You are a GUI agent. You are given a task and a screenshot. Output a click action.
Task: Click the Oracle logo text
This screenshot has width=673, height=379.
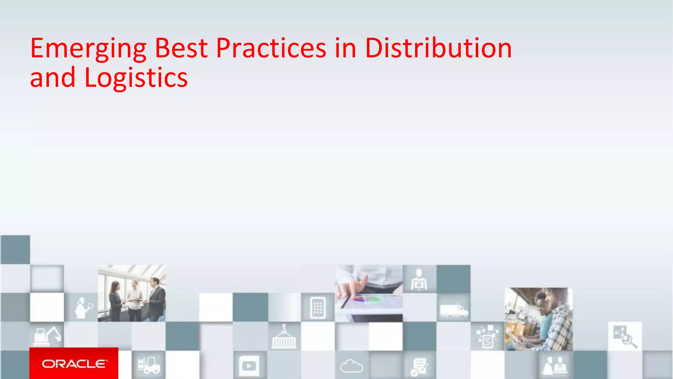tap(74, 364)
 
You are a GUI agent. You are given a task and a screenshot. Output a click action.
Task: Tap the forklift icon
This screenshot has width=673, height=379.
tap(148, 365)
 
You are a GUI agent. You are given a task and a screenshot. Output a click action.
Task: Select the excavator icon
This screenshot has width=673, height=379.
tap(47, 336)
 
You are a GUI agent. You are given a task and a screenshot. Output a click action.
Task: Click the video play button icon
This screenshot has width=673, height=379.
tap(249, 366)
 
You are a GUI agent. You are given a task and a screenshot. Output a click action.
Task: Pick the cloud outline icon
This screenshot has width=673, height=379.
tap(352, 366)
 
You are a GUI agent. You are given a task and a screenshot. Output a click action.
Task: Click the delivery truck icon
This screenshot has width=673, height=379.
tap(454, 310)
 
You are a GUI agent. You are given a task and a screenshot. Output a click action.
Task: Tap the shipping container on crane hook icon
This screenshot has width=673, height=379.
tap(284, 337)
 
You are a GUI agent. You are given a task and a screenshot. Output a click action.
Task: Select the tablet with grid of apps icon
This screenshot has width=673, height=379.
tap(318, 308)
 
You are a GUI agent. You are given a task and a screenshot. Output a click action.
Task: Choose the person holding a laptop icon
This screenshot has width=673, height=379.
tap(419, 280)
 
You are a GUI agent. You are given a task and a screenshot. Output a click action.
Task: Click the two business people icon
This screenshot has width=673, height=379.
tap(555, 365)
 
